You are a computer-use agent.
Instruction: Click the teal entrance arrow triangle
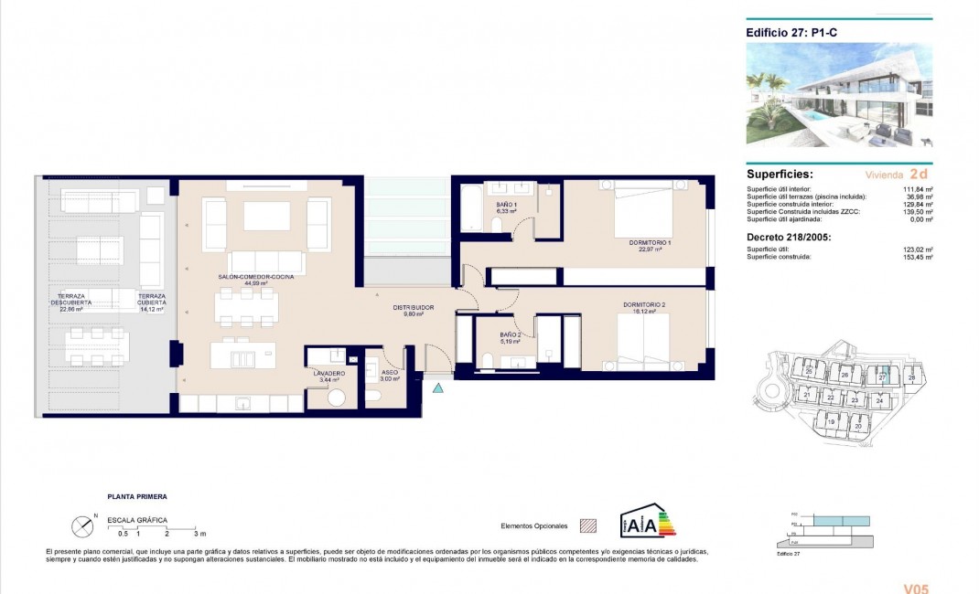[438, 388]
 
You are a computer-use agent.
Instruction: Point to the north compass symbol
[82, 526]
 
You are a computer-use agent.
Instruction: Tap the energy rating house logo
[646, 523]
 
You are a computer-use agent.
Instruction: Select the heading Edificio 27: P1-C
[789, 30]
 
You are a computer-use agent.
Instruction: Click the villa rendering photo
[839, 95]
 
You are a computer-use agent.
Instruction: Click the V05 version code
[916, 589]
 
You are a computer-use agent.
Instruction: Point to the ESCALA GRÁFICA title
[136, 520]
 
